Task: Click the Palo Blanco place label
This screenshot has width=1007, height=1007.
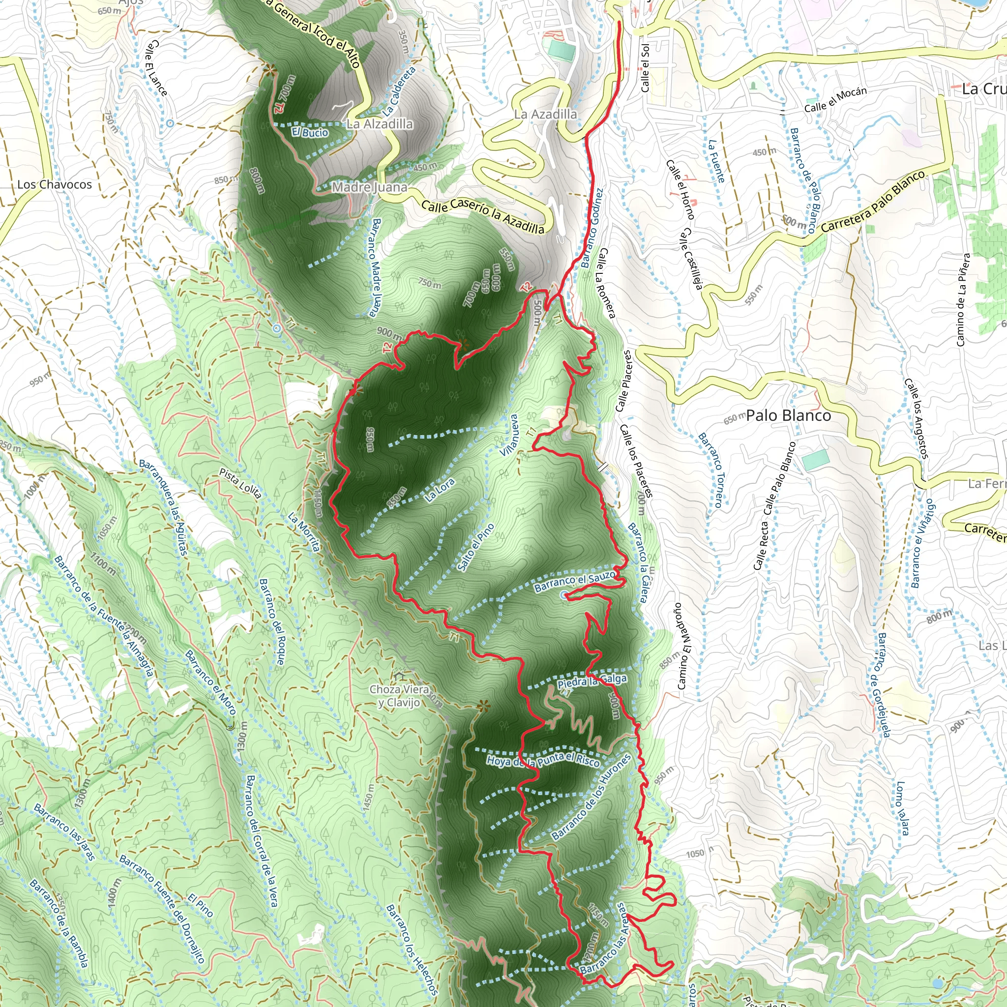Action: click(x=788, y=416)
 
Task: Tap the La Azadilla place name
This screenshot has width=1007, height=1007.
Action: click(x=545, y=114)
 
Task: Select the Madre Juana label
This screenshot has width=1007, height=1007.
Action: click(x=370, y=187)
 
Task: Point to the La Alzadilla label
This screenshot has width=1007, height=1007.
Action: click(x=380, y=124)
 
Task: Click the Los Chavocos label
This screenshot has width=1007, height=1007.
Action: click(x=54, y=184)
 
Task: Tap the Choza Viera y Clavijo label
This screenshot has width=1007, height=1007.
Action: click(x=400, y=696)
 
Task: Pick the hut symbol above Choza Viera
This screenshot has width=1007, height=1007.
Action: click(x=400, y=676)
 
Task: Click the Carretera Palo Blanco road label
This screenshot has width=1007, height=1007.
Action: click(x=873, y=201)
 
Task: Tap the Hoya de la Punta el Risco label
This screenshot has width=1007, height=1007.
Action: click(x=543, y=761)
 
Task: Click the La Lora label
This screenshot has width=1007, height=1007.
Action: click(x=440, y=490)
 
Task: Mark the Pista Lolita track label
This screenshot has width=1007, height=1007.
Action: click(x=240, y=483)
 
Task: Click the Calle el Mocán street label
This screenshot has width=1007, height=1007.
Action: click(x=835, y=99)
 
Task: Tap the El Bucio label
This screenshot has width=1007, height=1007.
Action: click(x=310, y=132)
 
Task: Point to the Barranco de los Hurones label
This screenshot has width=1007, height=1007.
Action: click(x=591, y=798)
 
